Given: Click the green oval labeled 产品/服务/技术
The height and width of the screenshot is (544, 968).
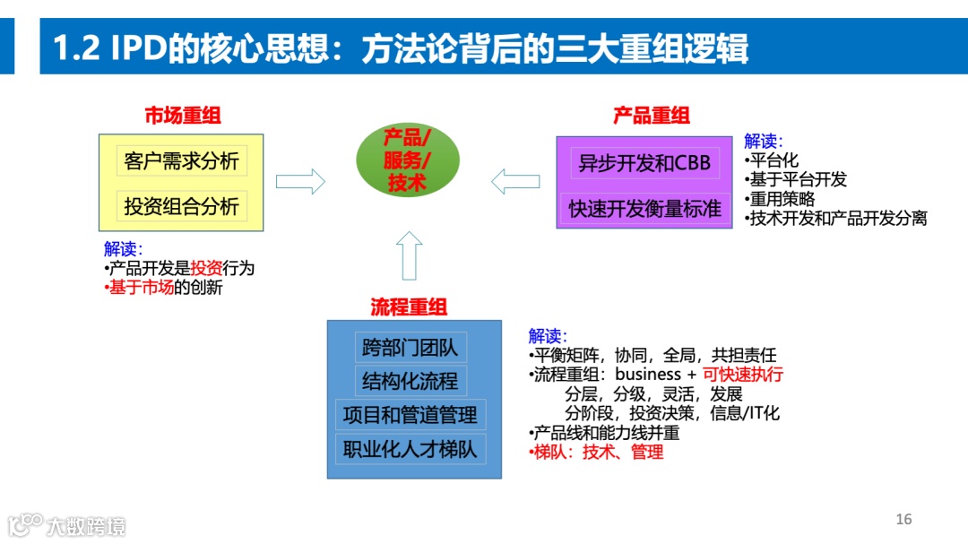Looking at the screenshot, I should point(408,160).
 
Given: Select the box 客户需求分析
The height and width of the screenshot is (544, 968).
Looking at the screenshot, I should point(182,161).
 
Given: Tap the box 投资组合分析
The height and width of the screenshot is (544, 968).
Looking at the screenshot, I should point(182,206).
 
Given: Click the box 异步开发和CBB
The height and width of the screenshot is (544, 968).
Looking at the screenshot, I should point(644,163).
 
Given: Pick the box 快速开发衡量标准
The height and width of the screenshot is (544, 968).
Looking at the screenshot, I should point(644,209).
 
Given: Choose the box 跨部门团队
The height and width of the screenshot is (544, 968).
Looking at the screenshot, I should point(410,347).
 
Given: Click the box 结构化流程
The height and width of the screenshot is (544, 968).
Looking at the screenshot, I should point(410,381).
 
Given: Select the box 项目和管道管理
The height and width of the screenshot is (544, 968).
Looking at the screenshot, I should point(410,415).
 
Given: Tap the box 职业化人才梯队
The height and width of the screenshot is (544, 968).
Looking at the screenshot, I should point(410,448).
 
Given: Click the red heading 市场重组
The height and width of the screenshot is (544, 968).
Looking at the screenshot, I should point(183,116).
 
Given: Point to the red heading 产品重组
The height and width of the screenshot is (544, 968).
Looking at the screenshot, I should point(652,116).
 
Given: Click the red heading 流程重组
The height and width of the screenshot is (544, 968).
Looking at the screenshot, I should point(409,307).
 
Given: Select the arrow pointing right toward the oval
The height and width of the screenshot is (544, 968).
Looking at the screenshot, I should point(300,182).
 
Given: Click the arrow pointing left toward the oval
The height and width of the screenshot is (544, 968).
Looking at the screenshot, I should point(515,182).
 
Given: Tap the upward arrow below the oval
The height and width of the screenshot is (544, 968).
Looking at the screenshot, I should point(409,255).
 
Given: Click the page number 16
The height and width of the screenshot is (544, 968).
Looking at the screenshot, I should point(903,520).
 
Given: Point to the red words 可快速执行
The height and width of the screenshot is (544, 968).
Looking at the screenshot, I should point(742,374).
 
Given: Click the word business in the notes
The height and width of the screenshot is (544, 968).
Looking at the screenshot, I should point(648,374).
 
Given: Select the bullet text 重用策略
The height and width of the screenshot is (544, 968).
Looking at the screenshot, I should point(782,199).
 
